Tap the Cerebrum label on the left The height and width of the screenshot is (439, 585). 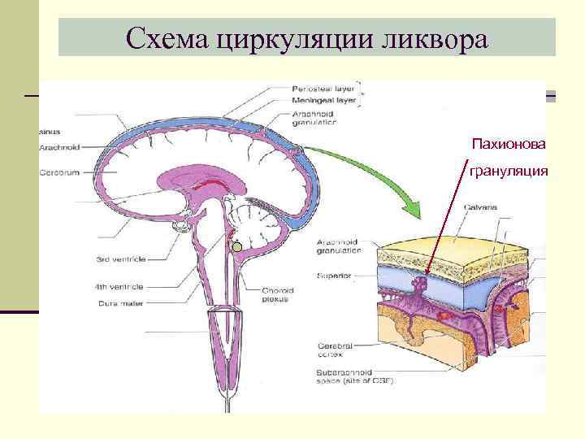coord(58,172)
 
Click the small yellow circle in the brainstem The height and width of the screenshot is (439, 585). coord(237,246)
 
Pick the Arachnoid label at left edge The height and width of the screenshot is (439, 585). coord(58,147)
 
